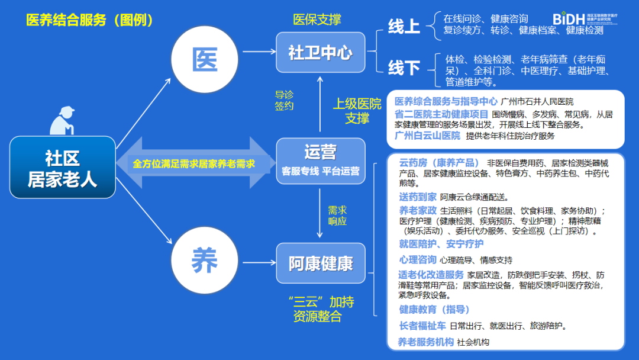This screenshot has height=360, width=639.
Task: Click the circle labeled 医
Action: tap(203, 60)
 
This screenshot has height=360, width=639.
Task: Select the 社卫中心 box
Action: tap(320, 53)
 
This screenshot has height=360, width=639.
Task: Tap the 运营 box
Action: tap(320, 160)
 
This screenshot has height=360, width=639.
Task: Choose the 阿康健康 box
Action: tap(320, 263)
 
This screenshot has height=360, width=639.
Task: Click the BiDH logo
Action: tap(582, 19)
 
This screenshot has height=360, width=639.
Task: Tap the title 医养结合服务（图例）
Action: tap(90, 20)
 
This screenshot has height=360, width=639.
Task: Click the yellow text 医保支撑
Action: tap(317, 20)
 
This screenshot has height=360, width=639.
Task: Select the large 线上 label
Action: tap(404, 27)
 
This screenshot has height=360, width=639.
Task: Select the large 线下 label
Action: tap(404, 68)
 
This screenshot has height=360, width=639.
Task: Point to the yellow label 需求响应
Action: tap(337, 216)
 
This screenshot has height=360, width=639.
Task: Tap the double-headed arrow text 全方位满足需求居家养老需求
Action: tap(193, 163)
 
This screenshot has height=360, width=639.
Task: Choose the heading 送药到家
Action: tap(418, 197)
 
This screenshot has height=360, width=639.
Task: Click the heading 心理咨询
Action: tap(418, 259)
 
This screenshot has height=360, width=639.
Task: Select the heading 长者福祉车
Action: tap(422, 325)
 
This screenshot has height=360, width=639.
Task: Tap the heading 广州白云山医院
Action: tap(427, 136)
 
